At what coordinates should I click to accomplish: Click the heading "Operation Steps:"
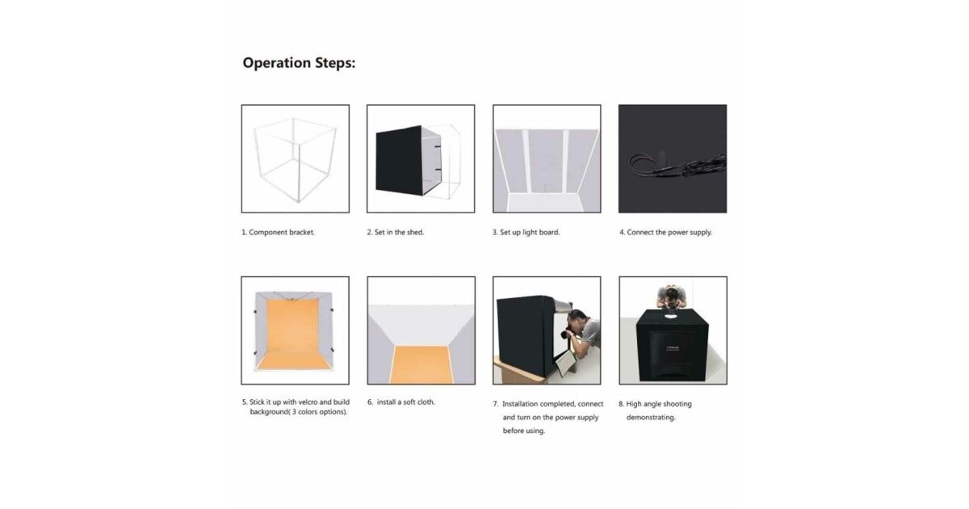tap(299, 63)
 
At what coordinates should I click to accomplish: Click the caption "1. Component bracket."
tap(278, 233)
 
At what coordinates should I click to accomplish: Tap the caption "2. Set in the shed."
tap(396, 233)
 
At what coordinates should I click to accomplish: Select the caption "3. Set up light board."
tap(526, 233)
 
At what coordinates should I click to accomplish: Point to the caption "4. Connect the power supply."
tap(665, 233)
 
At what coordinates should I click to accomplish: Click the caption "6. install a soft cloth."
tap(401, 402)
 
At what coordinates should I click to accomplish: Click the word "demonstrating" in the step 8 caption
tap(651, 418)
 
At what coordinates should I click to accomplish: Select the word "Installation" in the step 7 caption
tap(520, 404)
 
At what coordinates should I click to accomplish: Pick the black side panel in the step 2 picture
tap(399, 161)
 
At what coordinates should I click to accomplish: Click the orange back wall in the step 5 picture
tap(292, 325)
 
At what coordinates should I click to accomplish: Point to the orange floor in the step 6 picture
tap(421, 365)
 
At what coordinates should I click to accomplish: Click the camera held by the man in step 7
tap(567, 334)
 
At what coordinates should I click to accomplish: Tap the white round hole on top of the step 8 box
tap(671, 316)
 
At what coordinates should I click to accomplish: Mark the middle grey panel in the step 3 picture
tap(546, 161)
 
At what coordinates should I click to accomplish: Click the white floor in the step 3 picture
tap(547, 203)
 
